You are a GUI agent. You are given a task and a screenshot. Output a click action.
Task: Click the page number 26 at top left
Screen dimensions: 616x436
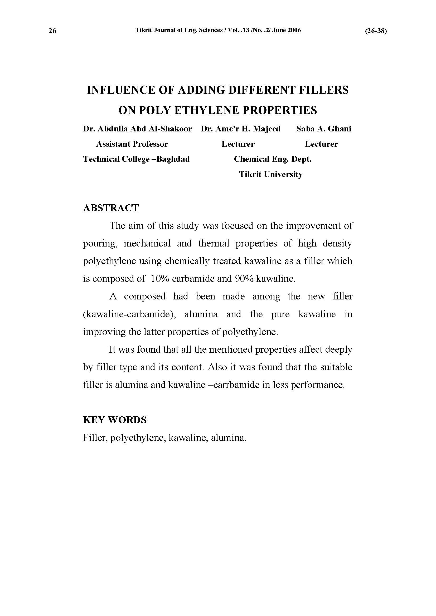pyautogui.click(x=52, y=31)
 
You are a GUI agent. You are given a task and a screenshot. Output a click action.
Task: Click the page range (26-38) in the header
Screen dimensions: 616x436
pyautogui.click(x=376, y=31)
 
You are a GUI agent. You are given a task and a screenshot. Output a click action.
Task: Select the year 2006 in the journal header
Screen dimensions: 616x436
pyautogui.click(x=294, y=30)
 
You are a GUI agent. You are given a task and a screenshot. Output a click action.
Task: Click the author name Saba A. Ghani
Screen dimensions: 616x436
pyautogui.click(x=324, y=129)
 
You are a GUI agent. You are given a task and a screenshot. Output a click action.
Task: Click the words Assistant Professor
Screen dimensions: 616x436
pyautogui.click(x=132, y=144)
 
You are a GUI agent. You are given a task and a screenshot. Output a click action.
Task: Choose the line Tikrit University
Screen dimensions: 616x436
pyautogui.click(x=271, y=175)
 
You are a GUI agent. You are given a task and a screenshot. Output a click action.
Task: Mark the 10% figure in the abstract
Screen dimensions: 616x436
pyautogui.click(x=160, y=279)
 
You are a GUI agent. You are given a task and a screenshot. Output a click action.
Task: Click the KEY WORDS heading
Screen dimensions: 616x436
pyautogui.click(x=115, y=420)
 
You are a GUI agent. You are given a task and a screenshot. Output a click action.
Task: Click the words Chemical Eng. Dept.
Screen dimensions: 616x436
pyautogui.click(x=273, y=159)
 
